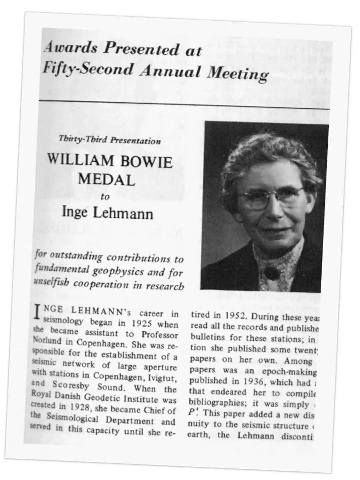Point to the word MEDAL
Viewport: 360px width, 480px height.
pyautogui.click(x=106, y=180)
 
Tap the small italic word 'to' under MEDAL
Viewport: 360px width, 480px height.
pyautogui.click(x=105, y=197)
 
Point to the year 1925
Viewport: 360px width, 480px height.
pyautogui.click(x=142, y=324)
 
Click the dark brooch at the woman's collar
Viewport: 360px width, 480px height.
pyautogui.click(x=271, y=273)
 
